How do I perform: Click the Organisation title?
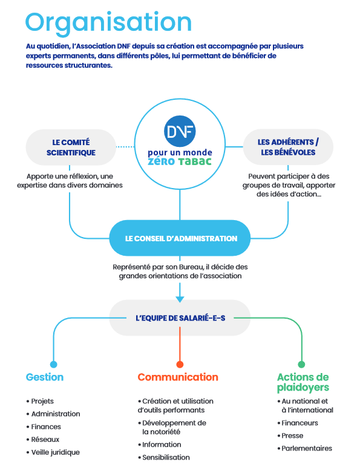[x=108, y=23]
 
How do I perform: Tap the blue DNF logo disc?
[x=180, y=131]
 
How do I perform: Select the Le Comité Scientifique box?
[x=71, y=147]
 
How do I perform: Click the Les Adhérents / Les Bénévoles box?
[x=288, y=147]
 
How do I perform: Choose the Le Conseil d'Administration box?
[x=180, y=238]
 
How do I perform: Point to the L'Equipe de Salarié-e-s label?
[x=180, y=318]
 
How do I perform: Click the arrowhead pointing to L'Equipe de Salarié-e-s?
[x=180, y=299]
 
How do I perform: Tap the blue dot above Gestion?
[x=53, y=365]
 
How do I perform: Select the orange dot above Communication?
[x=180, y=365]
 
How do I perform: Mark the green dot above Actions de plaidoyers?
[x=301, y=365]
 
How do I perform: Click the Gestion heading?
[x=45, y=377]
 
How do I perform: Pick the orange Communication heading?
[x=178, y=377]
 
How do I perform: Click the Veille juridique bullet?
[x=53, y=452]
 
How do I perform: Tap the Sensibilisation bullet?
[x=164, y=458]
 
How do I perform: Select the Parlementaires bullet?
[x=305, y=449]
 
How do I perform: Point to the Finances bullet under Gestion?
[x=44, y=427]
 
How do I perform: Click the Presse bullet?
[x=290, y=435]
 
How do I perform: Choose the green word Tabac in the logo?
[x=195, y=161]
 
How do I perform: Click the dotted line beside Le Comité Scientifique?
[x=125, y=147]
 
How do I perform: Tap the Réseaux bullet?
[x=43, y=440]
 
